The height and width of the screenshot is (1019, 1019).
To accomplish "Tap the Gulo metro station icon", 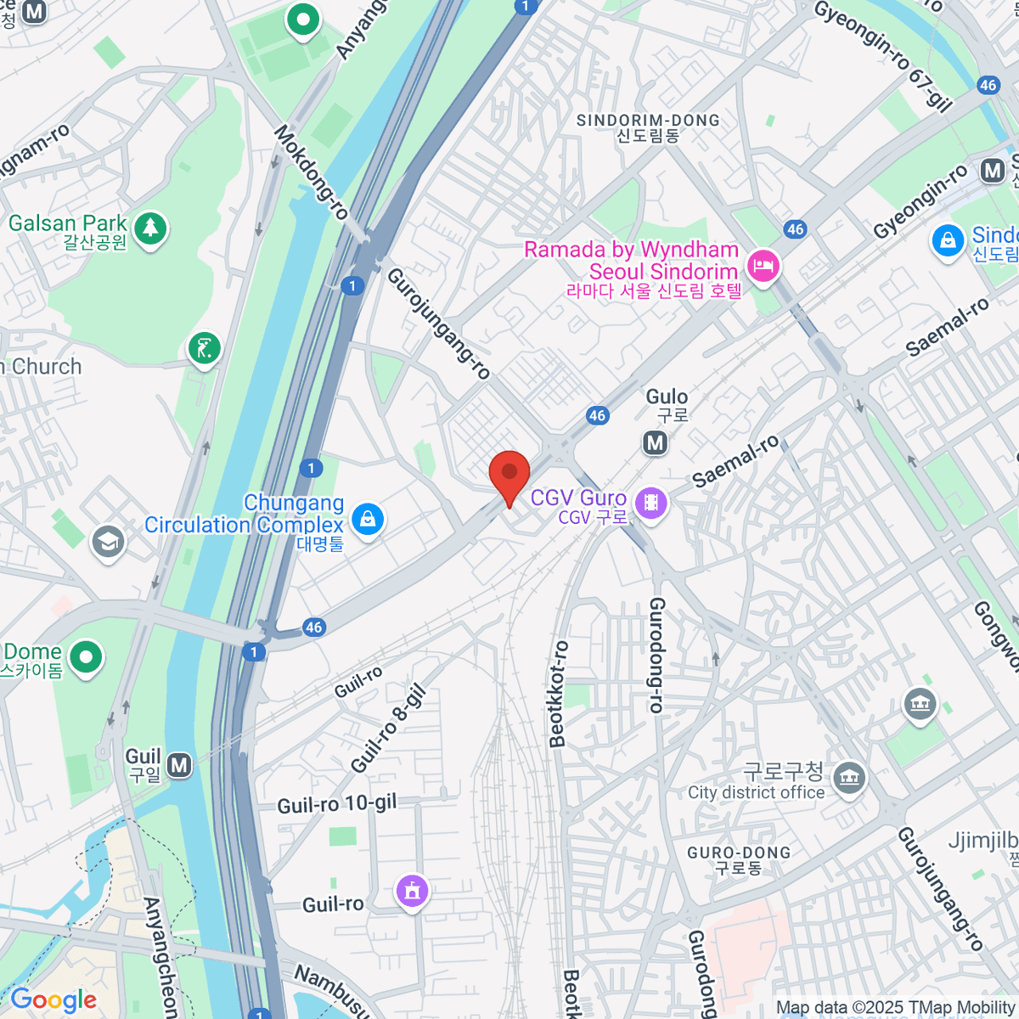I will tap(655, 442).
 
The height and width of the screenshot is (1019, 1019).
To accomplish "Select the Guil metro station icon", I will tap(179, 765).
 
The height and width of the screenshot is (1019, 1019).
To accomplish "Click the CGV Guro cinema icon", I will tap(650, 503).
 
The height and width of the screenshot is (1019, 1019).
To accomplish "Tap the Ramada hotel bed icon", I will tap(763, 267).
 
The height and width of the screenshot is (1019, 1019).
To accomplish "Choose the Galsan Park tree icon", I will tap(150, 228).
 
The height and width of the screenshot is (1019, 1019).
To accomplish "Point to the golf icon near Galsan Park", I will tap(204, 347).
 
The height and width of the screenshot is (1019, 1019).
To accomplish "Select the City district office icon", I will tap(849, 778).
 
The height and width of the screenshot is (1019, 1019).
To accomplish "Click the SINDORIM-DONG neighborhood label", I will tap(648, 127).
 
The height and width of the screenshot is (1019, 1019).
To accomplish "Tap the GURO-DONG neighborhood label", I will tap(739, 859).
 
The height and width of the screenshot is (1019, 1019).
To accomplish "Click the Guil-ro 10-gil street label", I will tap(337, 803).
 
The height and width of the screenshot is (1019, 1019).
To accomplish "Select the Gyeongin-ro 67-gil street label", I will tap(883, 55).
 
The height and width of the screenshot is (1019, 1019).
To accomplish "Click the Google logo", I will tap(53, 1000).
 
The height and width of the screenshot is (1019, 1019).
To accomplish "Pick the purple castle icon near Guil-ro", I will tap(413, 891).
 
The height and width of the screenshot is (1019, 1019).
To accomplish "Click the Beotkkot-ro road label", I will tap(558, 694).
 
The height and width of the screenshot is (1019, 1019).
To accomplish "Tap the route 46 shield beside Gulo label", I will tap(598, 415).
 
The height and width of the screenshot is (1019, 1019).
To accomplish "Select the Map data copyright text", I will tap(895, 1008).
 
